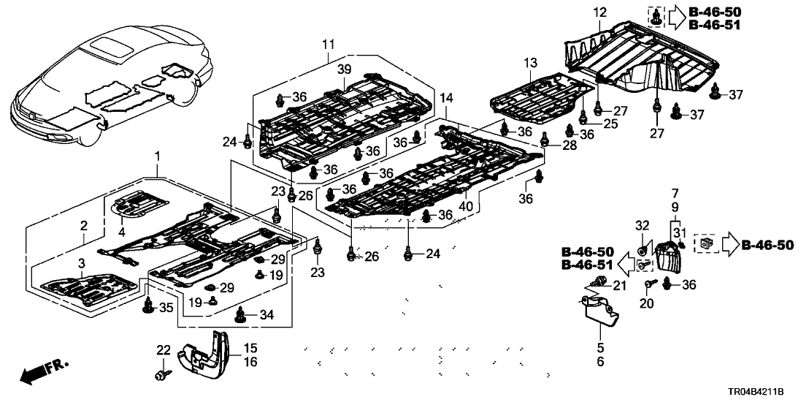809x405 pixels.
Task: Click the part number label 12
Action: pyautogui.click(x=599, y=12)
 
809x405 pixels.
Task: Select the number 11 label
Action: pyautogui.click(x=327, y=45)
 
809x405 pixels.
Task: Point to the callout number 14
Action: pyautogui.click(x=445, y=97)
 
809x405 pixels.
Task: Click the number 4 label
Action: pyautogui.click(x=122, y=232)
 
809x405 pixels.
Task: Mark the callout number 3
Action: pyautogui.click(x=81, y=262)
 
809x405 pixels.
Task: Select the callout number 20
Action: pyautogui.click(x=645, y=303)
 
